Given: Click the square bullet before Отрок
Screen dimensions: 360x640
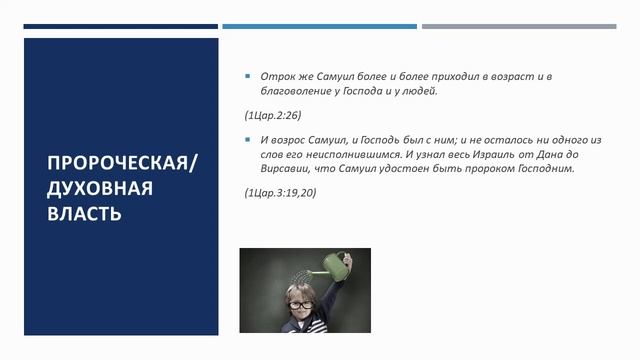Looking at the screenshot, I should (248, 76).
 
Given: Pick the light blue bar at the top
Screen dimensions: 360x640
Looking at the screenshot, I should (319, 26).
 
